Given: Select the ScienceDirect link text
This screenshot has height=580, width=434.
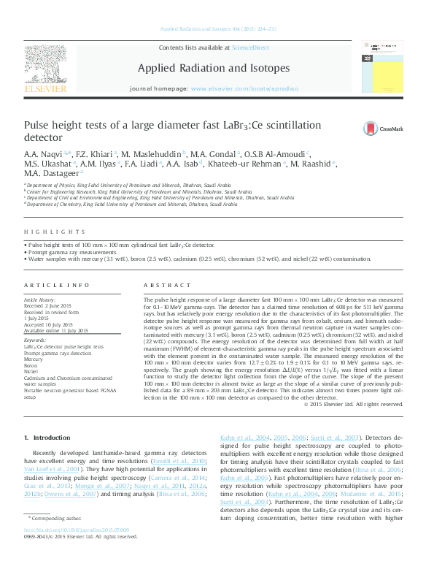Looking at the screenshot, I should point(250,47).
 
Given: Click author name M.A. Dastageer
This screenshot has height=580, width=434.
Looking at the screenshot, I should point(52,174).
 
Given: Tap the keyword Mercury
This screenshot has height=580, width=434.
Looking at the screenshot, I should point(34,359).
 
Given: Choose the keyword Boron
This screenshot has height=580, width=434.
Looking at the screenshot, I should point(32,365).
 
